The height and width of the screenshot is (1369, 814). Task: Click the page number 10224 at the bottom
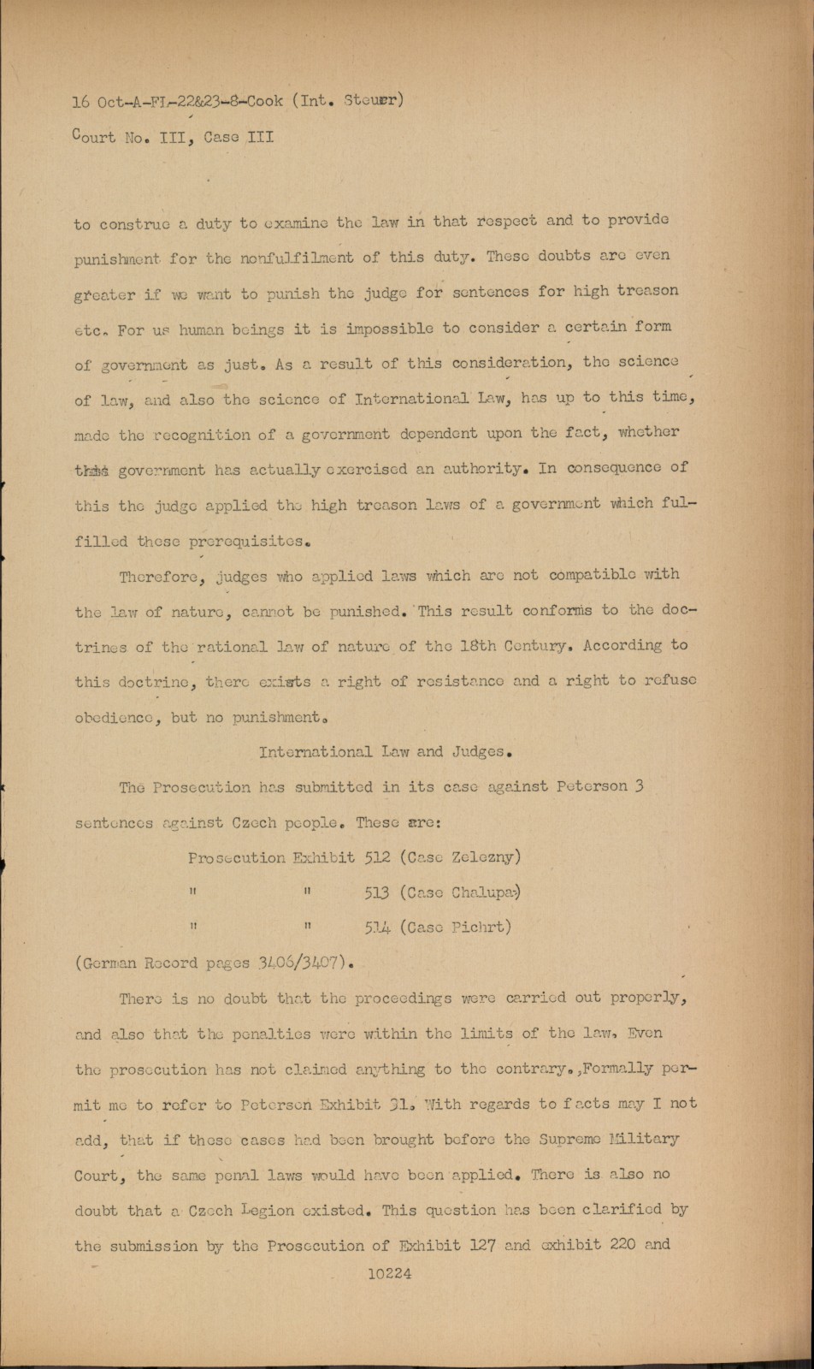pos(390,1273)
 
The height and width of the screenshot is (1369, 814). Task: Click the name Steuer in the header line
pos(373,100)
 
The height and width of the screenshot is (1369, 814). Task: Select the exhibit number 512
pos(377,857)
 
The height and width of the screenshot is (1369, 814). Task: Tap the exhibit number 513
pos(377,892)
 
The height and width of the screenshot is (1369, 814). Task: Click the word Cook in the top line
pos(265,101)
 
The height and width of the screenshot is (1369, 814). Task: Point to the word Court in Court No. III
pos(94,137)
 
